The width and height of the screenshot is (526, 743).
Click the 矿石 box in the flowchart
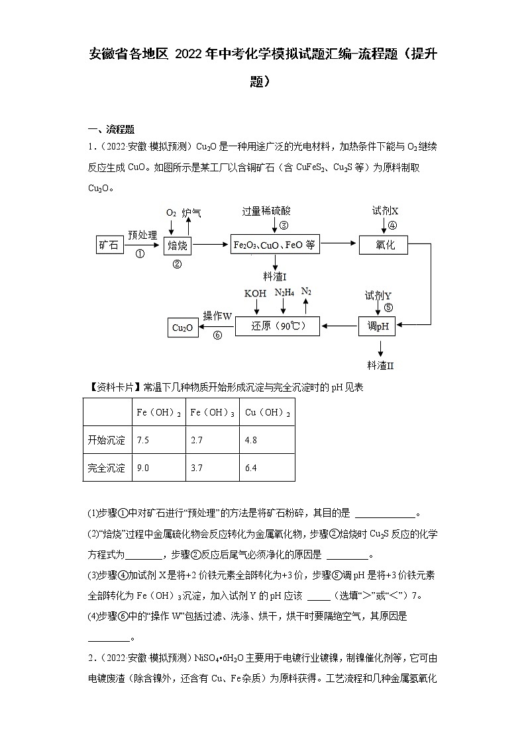click(x=109, y=245)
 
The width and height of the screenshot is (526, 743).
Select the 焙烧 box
click(x=177, y=245)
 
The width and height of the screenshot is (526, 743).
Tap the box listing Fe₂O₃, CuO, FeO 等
click(x=274, y=245)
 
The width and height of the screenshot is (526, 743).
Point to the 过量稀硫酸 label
click(x=266, y=211)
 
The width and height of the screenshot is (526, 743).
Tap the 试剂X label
click(x=385, y=210)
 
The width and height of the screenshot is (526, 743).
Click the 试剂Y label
click(x=378, y=294)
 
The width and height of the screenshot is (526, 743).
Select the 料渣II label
click(x=381, y=365)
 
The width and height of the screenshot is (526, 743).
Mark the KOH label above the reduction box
click(x=255, y=293)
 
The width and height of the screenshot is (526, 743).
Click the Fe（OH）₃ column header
click(x=212, y=412)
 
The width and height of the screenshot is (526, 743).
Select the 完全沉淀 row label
click(x=107, y=468)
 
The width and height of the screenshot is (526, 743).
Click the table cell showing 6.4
click(x=250, y=468)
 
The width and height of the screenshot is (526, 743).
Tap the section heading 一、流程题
click(x=111, y=129)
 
